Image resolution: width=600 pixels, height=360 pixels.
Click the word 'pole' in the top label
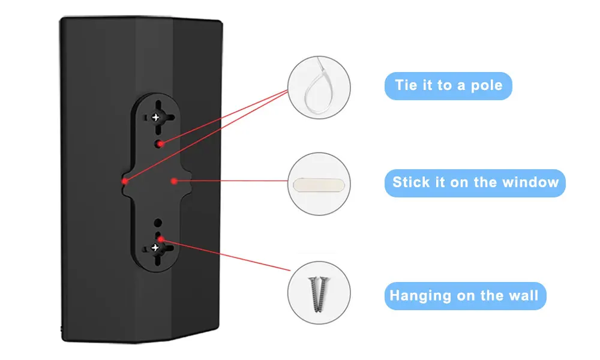pos(487,85)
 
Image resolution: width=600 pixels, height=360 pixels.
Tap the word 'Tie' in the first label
pos(407,85)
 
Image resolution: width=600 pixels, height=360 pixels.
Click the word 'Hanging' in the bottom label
pos(420,295)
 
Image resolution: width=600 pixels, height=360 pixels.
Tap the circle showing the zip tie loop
pos(319,88)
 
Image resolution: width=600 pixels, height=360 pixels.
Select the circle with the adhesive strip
pos(319,184)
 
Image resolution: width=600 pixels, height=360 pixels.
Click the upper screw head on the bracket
pos(157,118)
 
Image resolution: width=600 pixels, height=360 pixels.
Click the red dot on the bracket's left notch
pos(125,180)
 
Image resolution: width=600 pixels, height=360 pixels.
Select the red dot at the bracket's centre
pos(173,180)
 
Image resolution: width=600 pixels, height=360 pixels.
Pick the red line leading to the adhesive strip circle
pos(234,180)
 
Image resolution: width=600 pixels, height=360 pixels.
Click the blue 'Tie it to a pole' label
pos(448,86)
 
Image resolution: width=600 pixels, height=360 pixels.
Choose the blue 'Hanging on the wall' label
pos(464,296)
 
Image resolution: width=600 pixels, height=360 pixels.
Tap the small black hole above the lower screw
pos(157,223)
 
